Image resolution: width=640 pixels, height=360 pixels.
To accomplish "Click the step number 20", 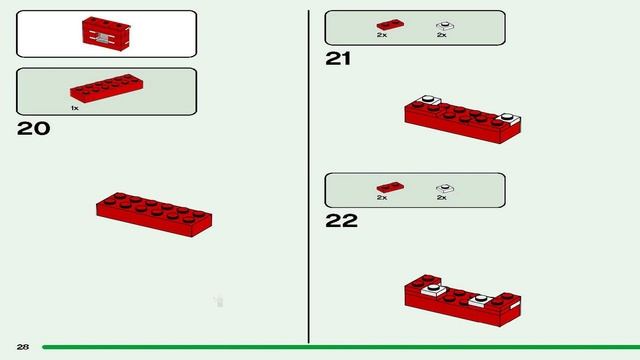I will pos(33,129).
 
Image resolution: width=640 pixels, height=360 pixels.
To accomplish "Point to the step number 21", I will pos(339,59).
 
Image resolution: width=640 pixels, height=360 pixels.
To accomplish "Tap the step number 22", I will pos(341,221).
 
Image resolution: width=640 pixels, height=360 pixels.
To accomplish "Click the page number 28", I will pos(22,347).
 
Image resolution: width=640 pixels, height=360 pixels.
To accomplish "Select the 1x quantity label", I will pos(74,107).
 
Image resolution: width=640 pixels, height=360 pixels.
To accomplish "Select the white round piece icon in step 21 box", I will pos(442,24).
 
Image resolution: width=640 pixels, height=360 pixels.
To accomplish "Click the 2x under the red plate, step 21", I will pos(382,35).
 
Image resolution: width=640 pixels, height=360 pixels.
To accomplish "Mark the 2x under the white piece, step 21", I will pos(441,35).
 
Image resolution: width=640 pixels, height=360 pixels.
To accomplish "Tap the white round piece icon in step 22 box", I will pos(442,187).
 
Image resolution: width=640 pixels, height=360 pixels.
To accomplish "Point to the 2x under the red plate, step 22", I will pos(382,198).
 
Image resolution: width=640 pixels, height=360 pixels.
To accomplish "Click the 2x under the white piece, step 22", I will pos(441,198).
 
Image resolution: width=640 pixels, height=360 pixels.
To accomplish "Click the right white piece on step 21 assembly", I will pos(507,118).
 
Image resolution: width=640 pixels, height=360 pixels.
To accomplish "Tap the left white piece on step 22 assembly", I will pos(433,291).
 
